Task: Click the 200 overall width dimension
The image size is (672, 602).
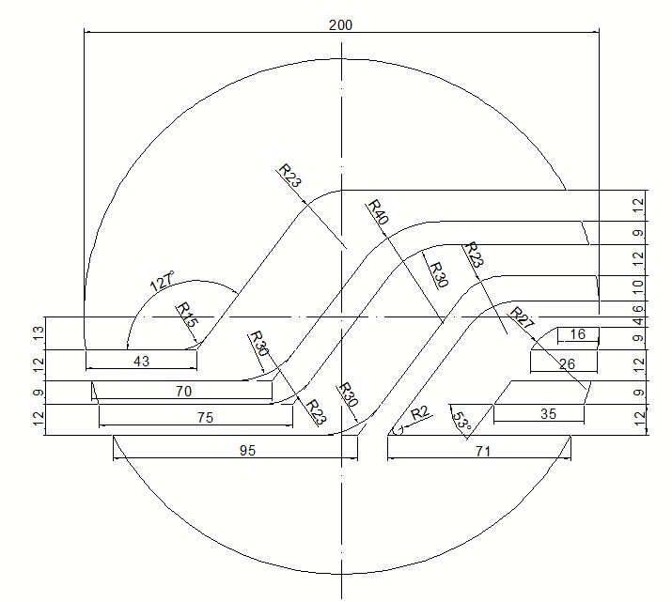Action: pos(340,24)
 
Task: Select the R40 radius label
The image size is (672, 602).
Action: pos(378,211)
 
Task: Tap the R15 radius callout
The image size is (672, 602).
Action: pos(187,315)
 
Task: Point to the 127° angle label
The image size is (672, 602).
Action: pos(163,281)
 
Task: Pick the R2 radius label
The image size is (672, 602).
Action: pos(420,413)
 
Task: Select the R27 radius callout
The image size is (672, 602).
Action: pos(522,317)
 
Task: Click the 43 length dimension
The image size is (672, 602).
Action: pos(141,362)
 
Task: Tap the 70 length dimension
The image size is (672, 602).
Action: pos(183,392)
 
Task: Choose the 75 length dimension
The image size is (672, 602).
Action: pos(205,418)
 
